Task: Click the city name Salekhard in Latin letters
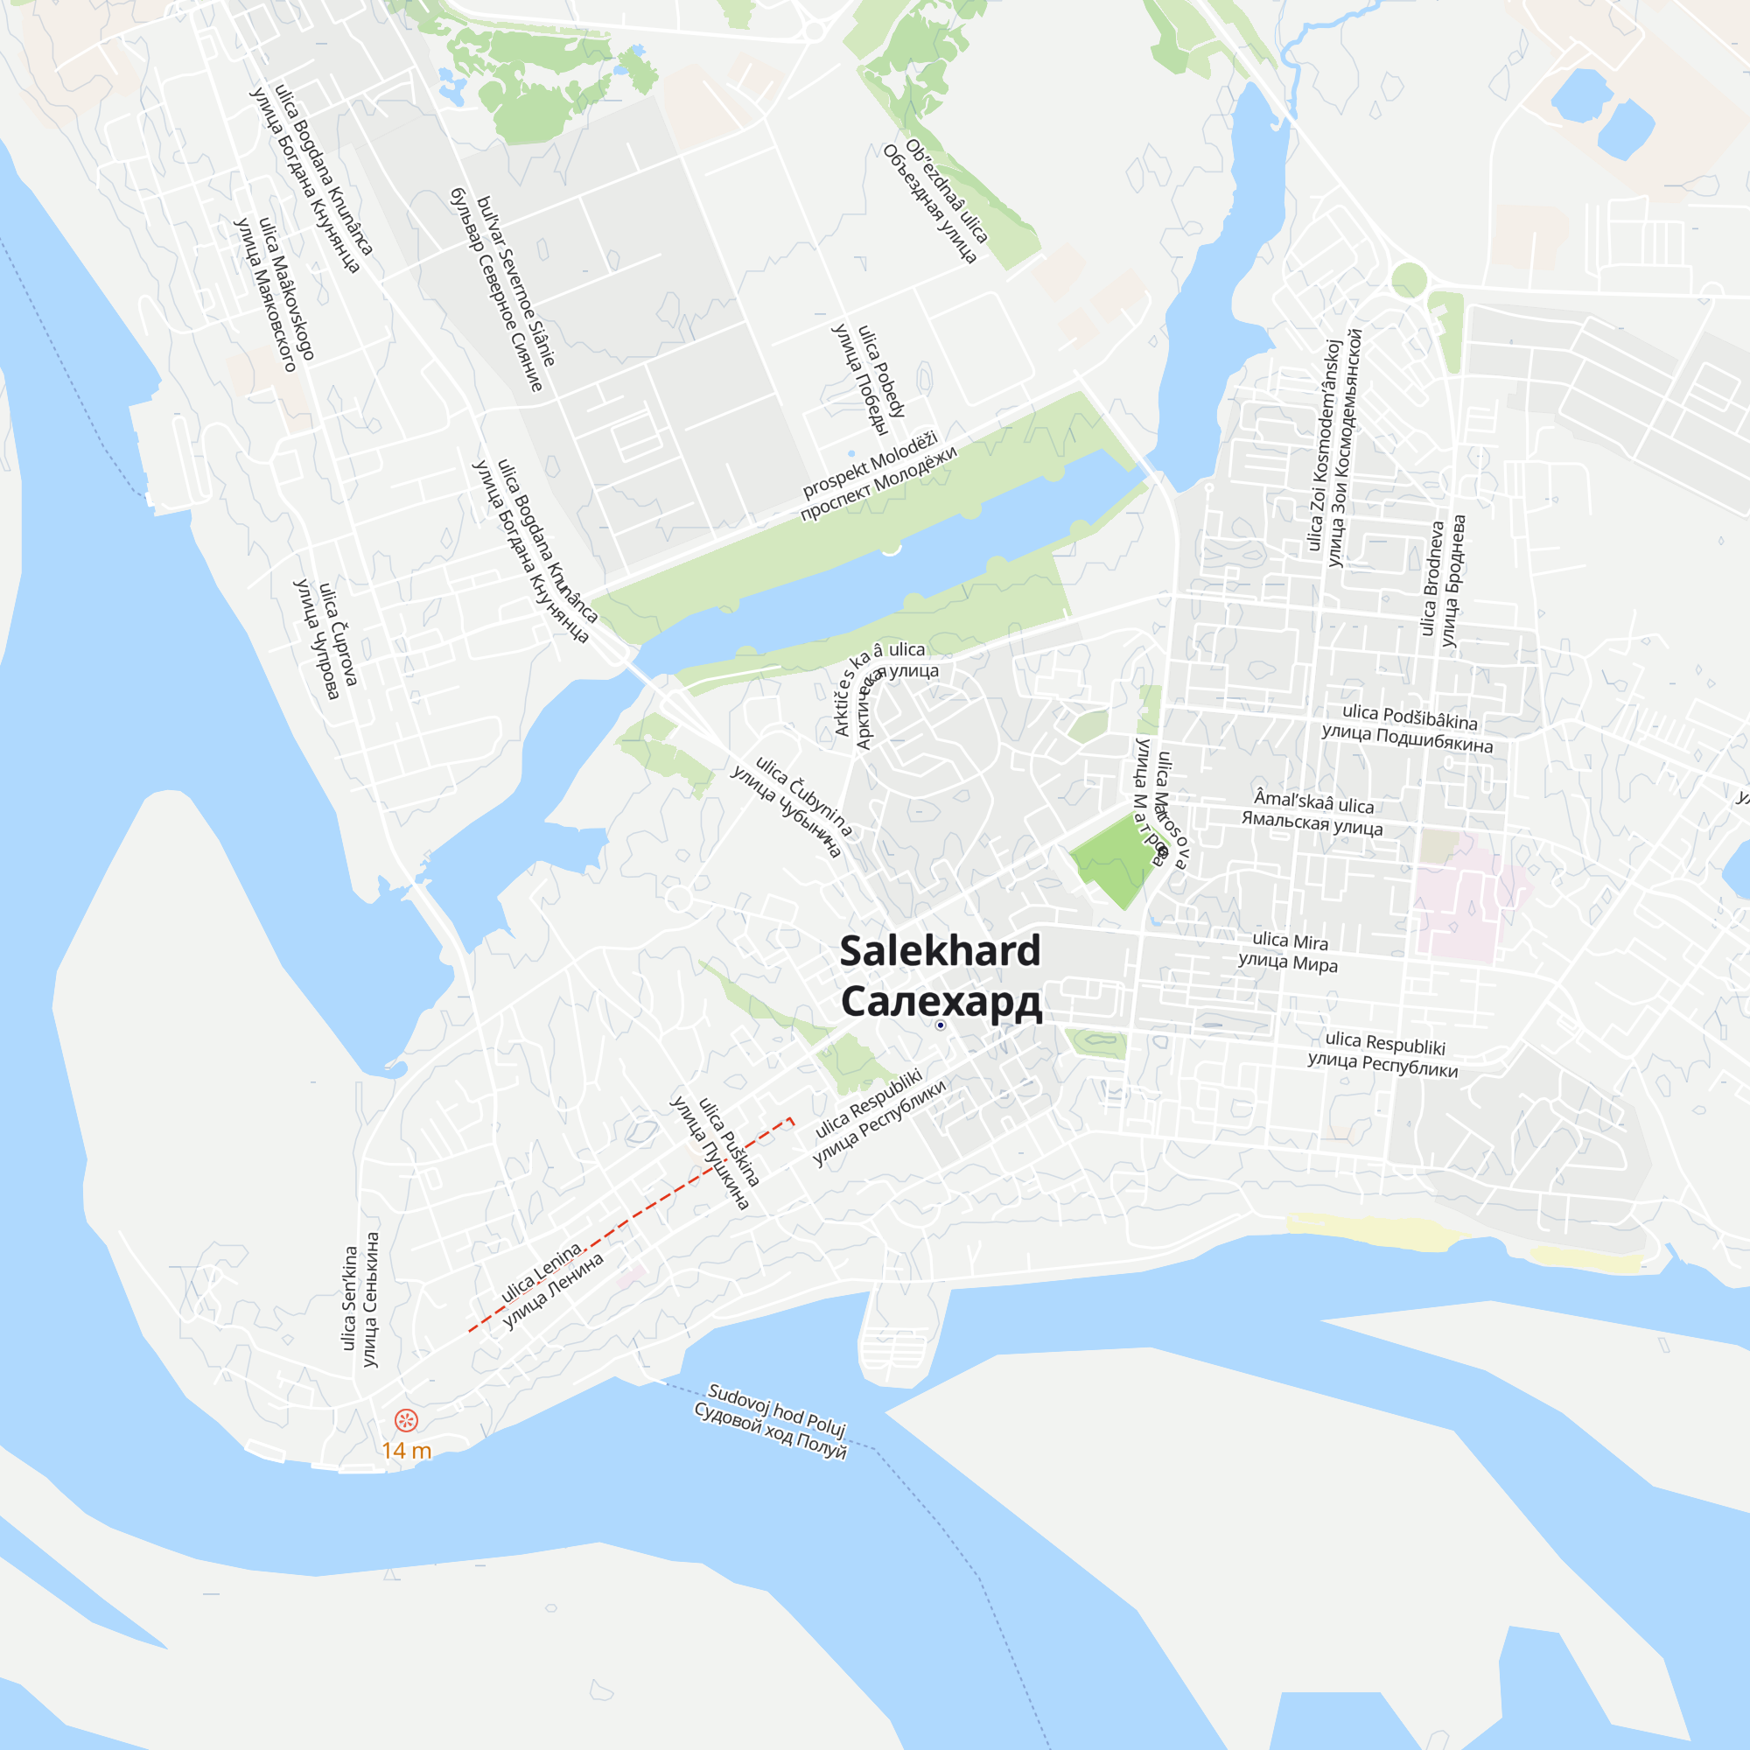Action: click(x=941, y=951)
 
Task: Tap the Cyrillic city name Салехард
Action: click(x=941, y=1002)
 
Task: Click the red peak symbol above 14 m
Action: click(x=406, y=1420)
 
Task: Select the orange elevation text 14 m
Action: click(x=406, y=1450)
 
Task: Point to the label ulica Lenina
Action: click(x=542, y=1273)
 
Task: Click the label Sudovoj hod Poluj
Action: click(x=776, y=1410)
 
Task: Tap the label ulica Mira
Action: click(x=1290, y=941)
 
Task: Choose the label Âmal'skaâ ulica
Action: click(x=1313, y=801)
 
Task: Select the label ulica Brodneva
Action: click(x=1431, y=578)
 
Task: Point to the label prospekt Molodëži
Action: click(x=871, y=465)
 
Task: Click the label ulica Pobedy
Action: click(x=881, y=371)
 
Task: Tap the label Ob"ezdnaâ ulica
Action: click(x=947, y=191)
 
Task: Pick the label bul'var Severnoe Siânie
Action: click(x=515, y=281)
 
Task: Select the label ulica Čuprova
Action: click(x=339, y=634)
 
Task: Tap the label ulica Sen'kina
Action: click(x=350, y=1298)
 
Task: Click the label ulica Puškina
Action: click(x=729, y=1142)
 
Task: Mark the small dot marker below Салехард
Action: click(x=941, y=1025)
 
